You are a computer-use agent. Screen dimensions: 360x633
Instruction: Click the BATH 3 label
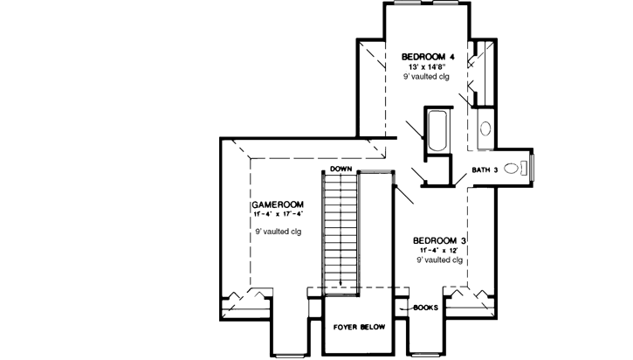coord(485,170)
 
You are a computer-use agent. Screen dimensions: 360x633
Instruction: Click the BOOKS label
coord(424,307)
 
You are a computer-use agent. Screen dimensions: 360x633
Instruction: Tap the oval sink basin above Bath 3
coord(485,128)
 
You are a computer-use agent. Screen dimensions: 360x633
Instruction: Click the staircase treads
coord(341,227)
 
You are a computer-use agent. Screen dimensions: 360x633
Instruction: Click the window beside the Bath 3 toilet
coord(533,170)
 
